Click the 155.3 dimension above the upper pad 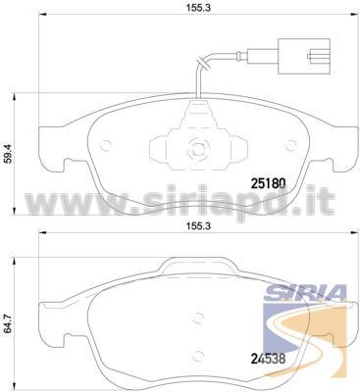point(198,8)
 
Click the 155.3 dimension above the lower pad point(198,225)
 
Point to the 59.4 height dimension point(10,154)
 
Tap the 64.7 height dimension point(10,323)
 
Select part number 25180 point(268,183)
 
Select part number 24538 point(268,359)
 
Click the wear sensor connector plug point(304,56)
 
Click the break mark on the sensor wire point(202,64)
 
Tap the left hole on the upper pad point(106,145)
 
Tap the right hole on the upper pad point(290,145)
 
